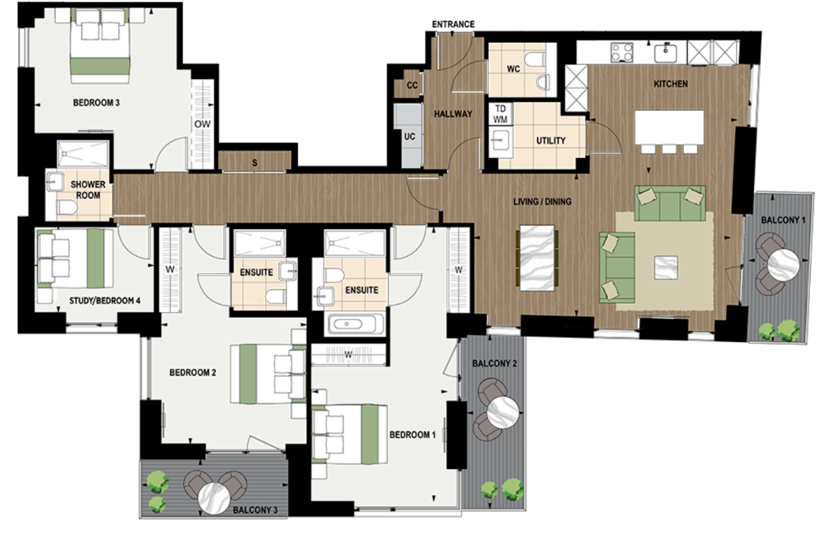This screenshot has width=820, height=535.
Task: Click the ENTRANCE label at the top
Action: (453, 24)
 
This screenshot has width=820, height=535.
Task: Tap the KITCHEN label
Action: (670, 84)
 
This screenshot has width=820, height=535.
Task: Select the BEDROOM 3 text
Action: (96, 103)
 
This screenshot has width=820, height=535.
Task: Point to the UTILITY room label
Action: (551, 141)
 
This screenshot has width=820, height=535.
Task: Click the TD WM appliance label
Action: (500, 113)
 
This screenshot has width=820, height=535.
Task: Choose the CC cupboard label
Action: (411, 85)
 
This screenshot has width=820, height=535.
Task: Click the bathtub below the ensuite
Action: (357, 324)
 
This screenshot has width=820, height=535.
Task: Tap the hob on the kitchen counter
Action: (621, 52)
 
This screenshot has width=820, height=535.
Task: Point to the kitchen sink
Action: (668, 51)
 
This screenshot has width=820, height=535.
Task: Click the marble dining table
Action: (537, 258)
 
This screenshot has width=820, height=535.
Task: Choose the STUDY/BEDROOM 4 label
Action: (105, 300)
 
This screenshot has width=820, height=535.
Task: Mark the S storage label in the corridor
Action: (254, 163)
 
